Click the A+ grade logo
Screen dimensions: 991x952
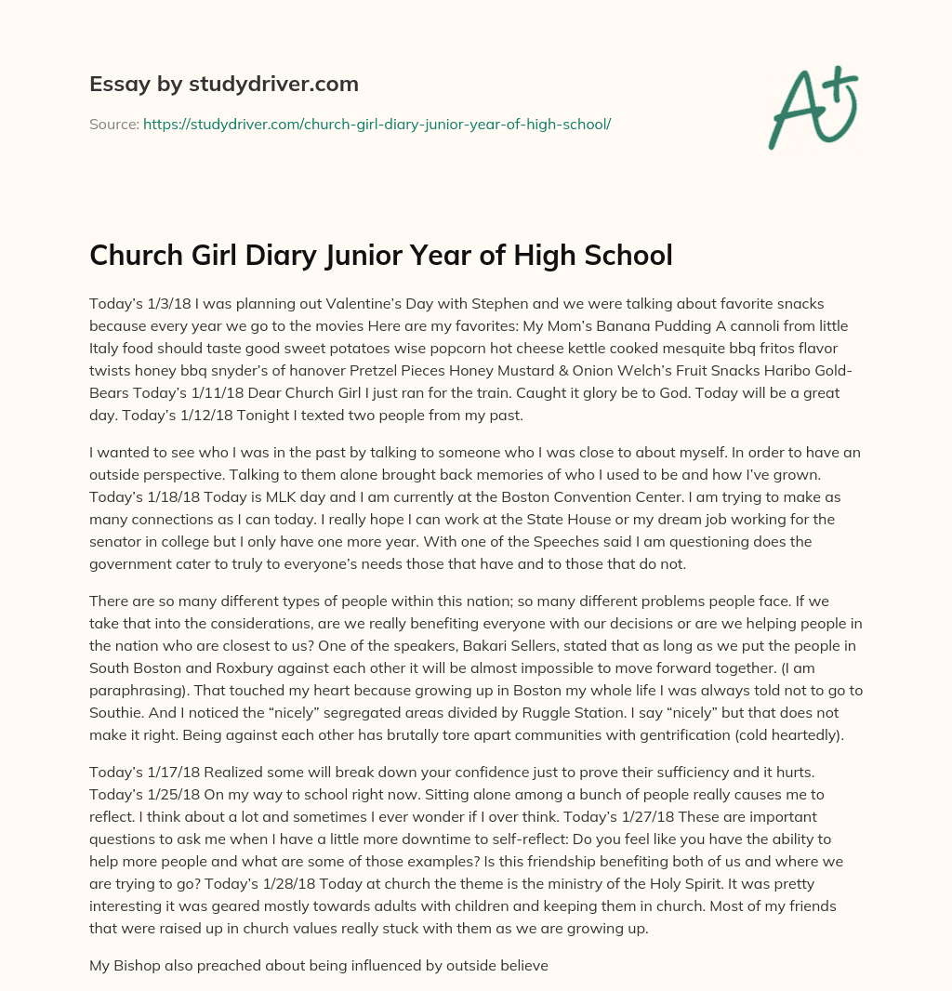click(x=812, y=109)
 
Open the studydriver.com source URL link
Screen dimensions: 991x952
click(x=377, y=124)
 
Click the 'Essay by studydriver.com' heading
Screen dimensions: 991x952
click(x=224, y=84)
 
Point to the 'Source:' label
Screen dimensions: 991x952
click(x=113, y=124)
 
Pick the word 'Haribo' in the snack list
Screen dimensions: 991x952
click(x=800, y=371)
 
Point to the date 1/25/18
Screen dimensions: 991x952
click(x=173, y=795)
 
